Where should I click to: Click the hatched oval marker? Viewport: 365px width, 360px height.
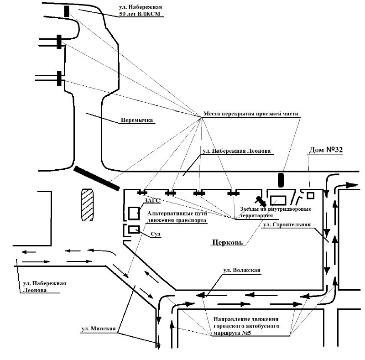point(87,205)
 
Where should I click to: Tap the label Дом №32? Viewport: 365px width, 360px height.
point(326,150)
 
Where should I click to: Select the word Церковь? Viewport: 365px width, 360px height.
point(227,242)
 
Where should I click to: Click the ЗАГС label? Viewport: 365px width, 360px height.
point(152,200)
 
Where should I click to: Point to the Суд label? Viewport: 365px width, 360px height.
point(156,234)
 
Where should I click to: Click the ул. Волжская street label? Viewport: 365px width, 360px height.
point(242,270)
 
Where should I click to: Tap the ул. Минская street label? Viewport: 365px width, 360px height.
point(99,329)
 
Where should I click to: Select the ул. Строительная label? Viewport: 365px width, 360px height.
point(287,224)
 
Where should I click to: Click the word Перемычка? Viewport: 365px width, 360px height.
point(137,120)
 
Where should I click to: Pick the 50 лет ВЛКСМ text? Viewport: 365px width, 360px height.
point(140,14)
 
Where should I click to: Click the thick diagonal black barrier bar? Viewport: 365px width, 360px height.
point(97,178)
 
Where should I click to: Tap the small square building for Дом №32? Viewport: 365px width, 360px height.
point(310,195)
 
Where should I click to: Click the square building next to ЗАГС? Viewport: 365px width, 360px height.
point(134,213)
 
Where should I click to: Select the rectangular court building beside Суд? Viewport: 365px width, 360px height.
point(134,230)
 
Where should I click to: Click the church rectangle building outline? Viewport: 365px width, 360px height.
point(278,200)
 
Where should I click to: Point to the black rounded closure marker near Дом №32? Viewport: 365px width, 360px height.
point(281,180)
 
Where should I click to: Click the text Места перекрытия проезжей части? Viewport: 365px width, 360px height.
point(250,114)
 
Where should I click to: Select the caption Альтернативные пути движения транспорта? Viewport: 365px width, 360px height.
point(177,217)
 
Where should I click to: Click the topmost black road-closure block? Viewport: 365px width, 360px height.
point(67,11)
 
